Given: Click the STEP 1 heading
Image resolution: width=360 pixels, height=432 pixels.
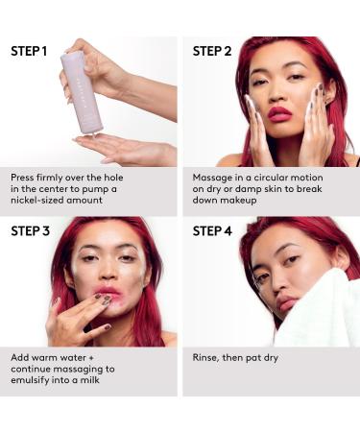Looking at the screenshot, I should click(x=29, y=50).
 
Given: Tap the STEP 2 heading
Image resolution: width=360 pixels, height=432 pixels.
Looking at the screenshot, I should click(x=211, y=50).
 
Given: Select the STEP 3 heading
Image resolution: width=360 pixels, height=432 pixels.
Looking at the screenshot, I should click(x=30, y=230).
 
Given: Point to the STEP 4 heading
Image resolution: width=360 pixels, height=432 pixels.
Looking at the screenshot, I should click(x=212, y=230).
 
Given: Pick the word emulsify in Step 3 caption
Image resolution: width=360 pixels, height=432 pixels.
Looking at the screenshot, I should click(x=34, y=380).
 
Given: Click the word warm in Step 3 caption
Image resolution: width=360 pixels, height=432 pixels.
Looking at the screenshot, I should click(x=50, y=357).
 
